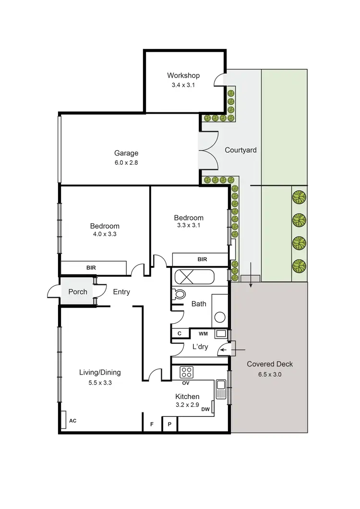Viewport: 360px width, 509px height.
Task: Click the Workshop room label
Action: [183, 75]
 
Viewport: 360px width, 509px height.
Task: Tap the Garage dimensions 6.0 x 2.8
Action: [126, 162]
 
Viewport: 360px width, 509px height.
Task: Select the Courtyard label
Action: [240, 150]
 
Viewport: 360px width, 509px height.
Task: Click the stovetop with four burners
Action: [187, 372]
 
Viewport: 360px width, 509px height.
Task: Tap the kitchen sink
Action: [221, 389]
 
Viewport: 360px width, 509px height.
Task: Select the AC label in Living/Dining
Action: [73, 421]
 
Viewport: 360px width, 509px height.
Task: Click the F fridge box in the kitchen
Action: [152, 424]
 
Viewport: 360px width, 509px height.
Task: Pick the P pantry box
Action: [169, 424]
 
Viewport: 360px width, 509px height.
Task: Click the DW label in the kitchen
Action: [205, 410]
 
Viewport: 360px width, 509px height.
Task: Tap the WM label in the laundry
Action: [203, 333]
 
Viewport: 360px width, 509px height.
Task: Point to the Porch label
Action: [78, 292]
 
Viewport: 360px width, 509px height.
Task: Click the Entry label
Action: [121, 292]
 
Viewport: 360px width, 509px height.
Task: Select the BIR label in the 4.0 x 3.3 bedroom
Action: [90, 267]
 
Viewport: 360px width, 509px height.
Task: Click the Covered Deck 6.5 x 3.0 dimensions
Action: [269, 374]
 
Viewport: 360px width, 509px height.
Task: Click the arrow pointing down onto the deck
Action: [250, 283]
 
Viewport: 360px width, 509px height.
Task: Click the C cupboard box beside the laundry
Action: [180, 333]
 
